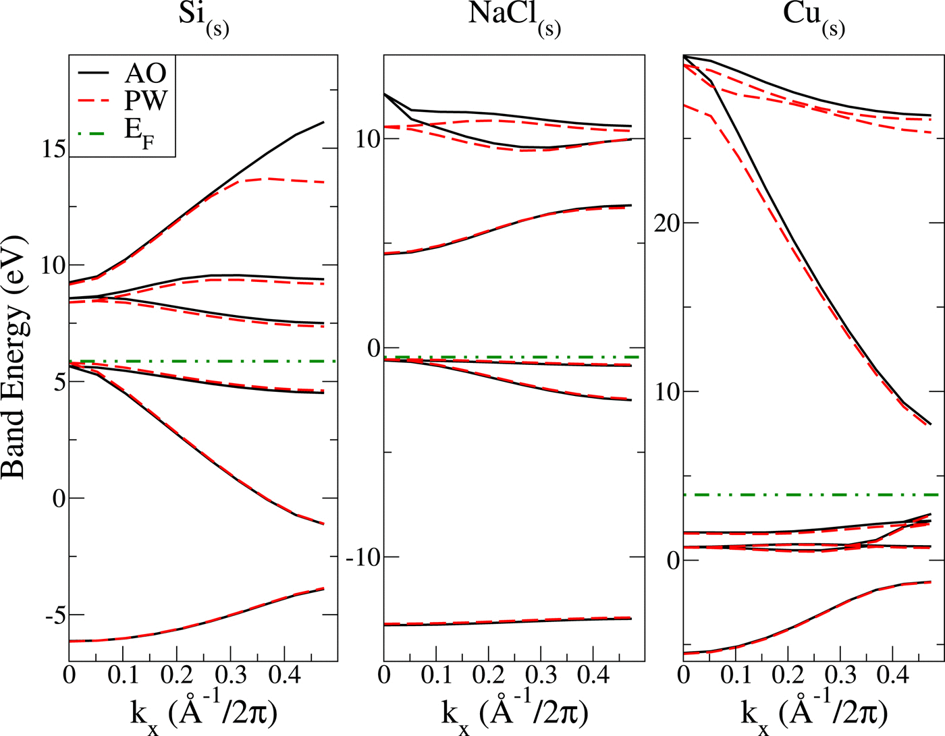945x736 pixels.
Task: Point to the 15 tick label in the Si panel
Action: coord(53,148)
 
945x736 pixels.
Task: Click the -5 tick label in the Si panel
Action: coord(53,615)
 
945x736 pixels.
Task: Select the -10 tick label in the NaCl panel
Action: coord(363,557)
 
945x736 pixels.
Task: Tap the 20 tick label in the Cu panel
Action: coord(667,223)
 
